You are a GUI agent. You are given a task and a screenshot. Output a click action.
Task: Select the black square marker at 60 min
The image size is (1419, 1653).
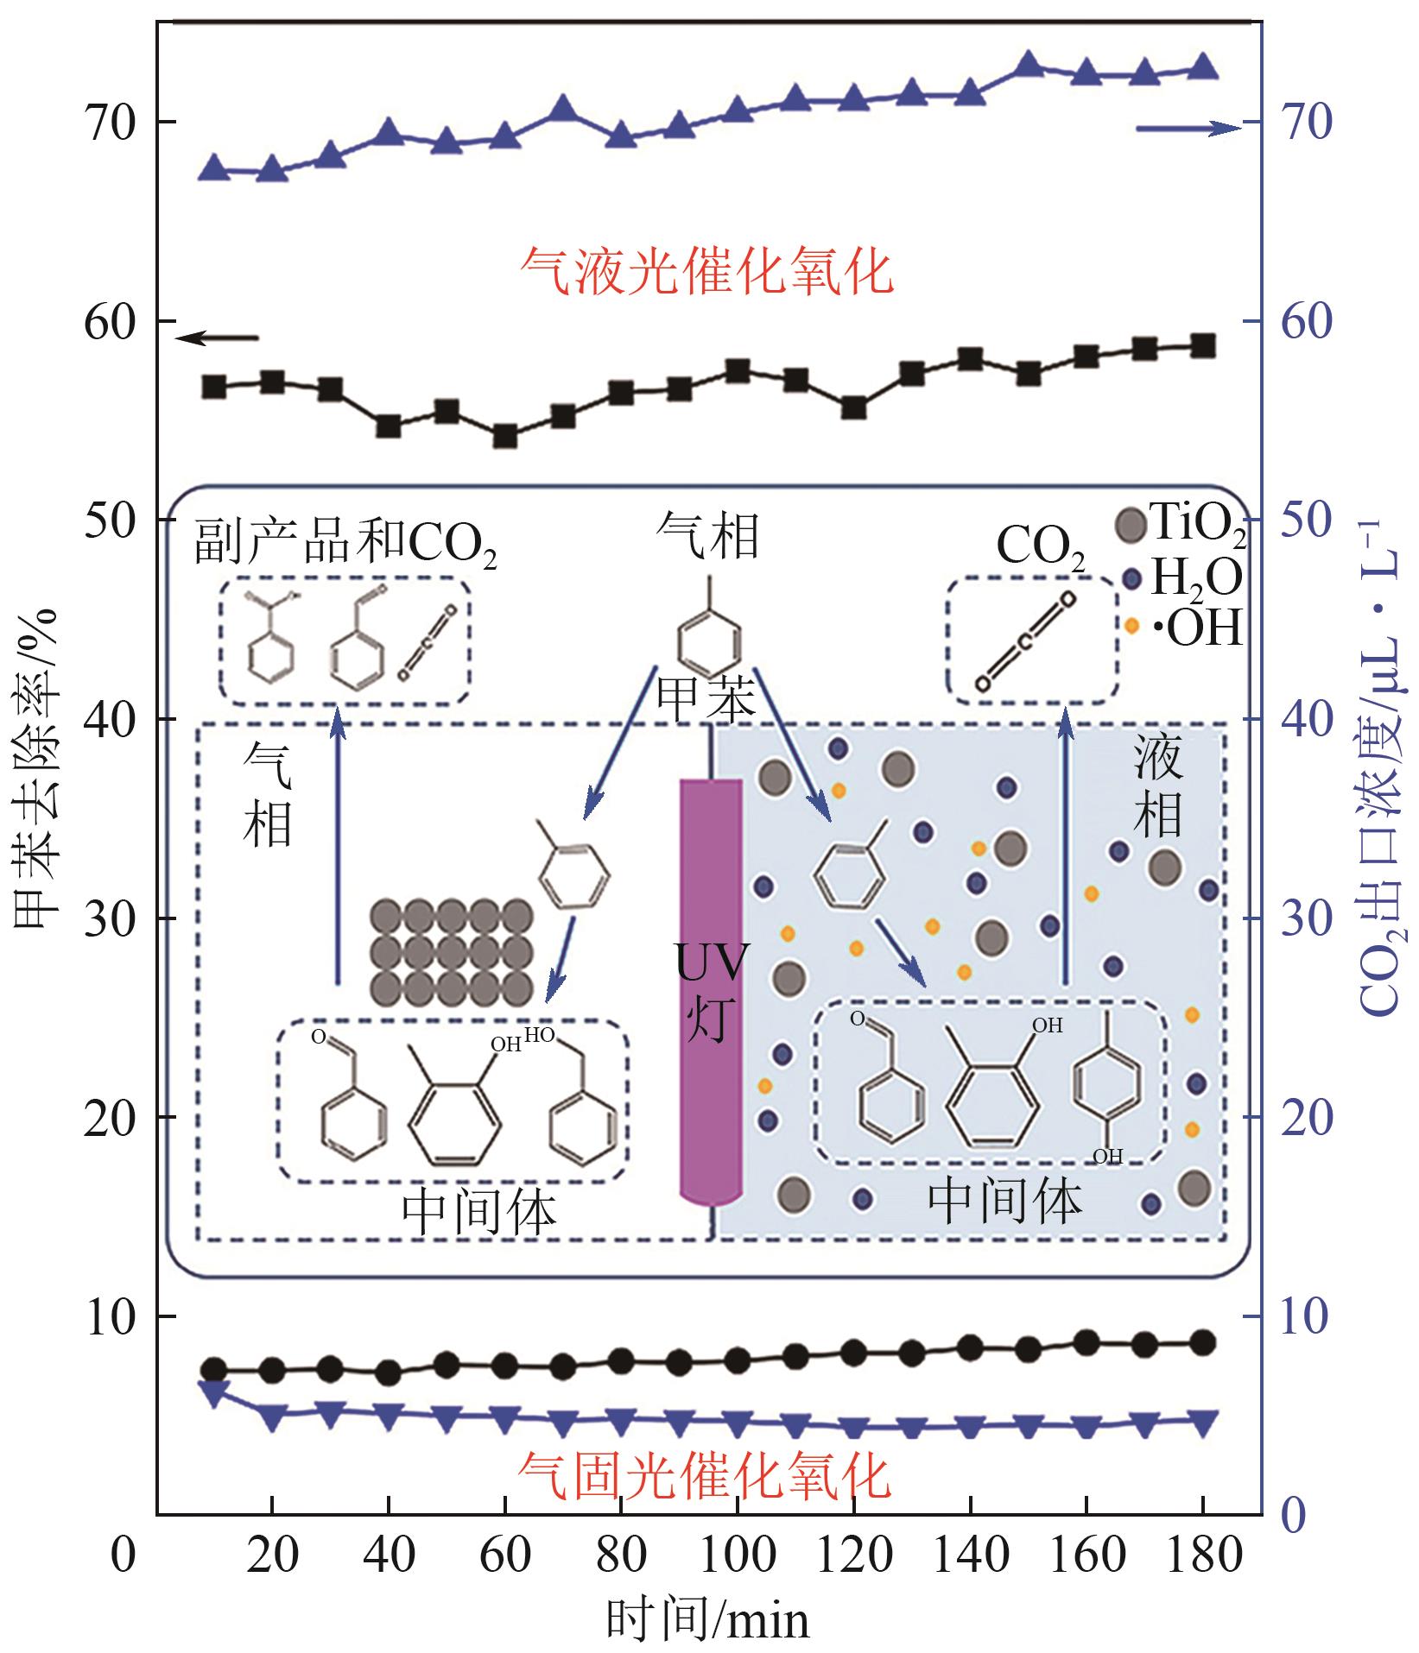505,437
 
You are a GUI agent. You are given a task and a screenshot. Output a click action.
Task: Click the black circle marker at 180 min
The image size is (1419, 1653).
1202,1342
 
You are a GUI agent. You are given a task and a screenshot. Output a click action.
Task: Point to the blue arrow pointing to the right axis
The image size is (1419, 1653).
1188,128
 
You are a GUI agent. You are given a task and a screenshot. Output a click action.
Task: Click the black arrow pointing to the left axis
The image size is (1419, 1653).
216,338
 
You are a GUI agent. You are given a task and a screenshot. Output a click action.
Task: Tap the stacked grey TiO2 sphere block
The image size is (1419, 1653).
452,952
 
